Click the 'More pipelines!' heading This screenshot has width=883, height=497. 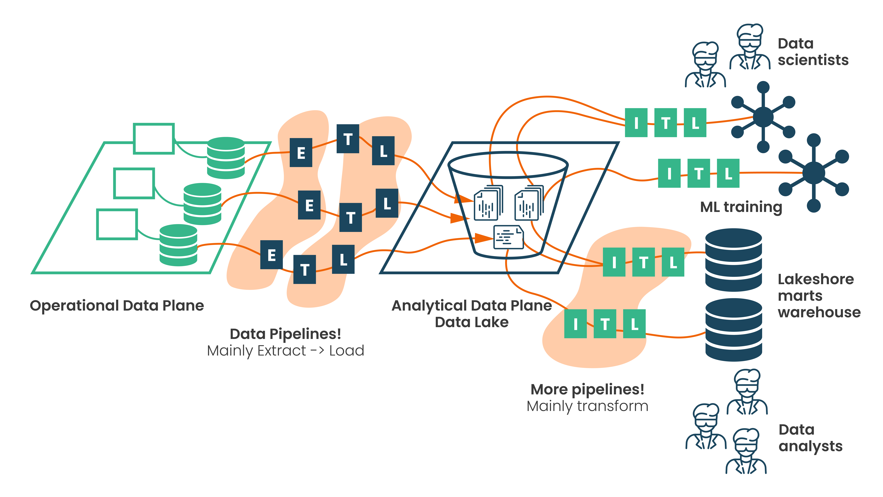click(587, 389)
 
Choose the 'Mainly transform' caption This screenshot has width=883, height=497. click(587, 406)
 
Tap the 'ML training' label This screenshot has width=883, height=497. click(741, 207)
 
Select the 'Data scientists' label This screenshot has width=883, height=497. click(813, 52)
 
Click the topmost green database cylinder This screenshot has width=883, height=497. click(226, 158)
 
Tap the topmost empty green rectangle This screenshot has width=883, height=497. click(154, 139)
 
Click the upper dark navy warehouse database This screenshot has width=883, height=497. click(734, 260)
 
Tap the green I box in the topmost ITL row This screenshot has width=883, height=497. click(636, 123)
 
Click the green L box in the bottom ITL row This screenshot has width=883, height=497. click(634, 324)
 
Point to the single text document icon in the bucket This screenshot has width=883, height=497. click(508, 237)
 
